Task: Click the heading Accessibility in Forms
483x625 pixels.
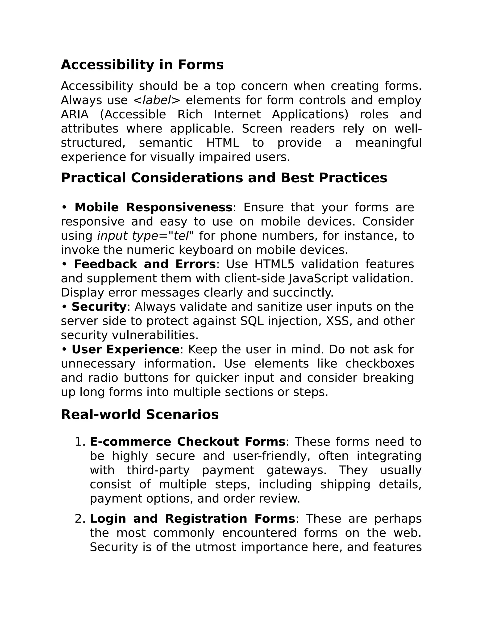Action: click(142, 65)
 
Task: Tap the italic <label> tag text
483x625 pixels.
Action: click(157, 100)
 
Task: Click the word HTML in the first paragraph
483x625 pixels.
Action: click(222, 143)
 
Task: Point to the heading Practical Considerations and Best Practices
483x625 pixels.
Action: click(224, 178)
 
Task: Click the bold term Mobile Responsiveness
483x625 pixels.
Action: click(154, 208)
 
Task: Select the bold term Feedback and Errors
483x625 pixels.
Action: click(145, 264)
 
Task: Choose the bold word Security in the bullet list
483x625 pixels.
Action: click(99, 307)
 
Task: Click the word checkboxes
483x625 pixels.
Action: click(380, 364)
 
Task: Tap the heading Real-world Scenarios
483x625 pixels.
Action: click(140, 415)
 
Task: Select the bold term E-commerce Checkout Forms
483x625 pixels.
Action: click(187, 442)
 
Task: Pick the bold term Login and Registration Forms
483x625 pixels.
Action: click(192, 519)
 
